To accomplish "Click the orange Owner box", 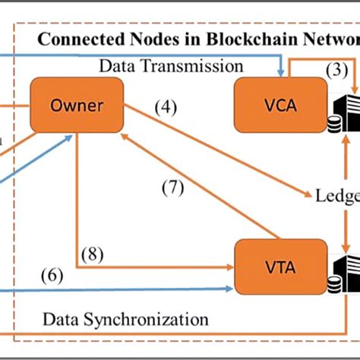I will click(77, 106).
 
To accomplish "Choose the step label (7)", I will click(172, 188).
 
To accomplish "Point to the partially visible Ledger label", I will click(336, 197).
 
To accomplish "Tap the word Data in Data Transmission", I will click(116, 67).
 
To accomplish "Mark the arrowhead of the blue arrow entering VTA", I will click(231, 289).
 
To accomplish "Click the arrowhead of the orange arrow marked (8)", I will click(231, 267).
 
